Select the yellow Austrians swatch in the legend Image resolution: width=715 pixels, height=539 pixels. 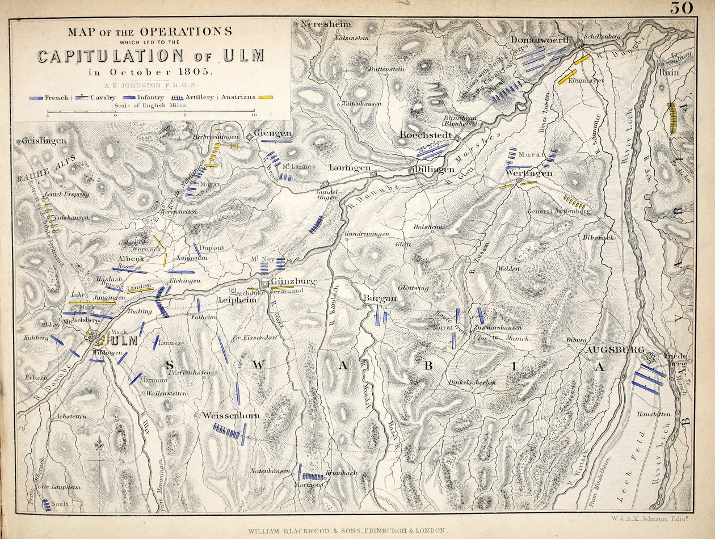pyautogui.click(x=265, y=98)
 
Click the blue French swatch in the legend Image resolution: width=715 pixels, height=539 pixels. pyautogui.click(x=36, y=98)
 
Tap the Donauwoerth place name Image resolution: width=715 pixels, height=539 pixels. pyautogui.click(x=541, y=40)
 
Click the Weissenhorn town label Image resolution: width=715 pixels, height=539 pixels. pyautogui.click(x=231, y=416)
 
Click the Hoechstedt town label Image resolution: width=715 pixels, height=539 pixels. pyautogui.click(x=426, y=135)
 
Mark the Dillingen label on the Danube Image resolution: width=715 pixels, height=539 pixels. pyautogui.click(x=434, y=170)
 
